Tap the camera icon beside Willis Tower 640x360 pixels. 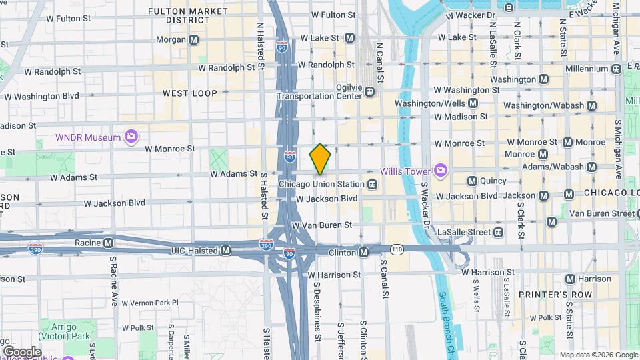pyautogui.click(x=440, y=171)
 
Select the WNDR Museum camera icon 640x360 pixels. pyautogui.click(x=131, y=137)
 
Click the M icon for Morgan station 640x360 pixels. pyautogui.click(x=193, y=40)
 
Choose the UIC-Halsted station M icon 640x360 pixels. pyautogui.click(x=226, y=251)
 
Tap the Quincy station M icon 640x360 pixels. pyautogui.click(x=472, y=181)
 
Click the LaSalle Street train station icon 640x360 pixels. pyautogui.click(x=498, y=232)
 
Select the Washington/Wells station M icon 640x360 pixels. pyautogui.click(x=473, y=103)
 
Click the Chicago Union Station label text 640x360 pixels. pyautogui.click(x=321, y=184)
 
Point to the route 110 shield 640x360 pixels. pyautogui.click(x=397, y=249)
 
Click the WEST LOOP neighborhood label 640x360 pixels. pyautogui.click(x=189, y=93)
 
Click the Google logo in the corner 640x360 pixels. pyautogui.click(x=22, y=351)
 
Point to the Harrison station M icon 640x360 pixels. pyautogui.click(x=569, y=279)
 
